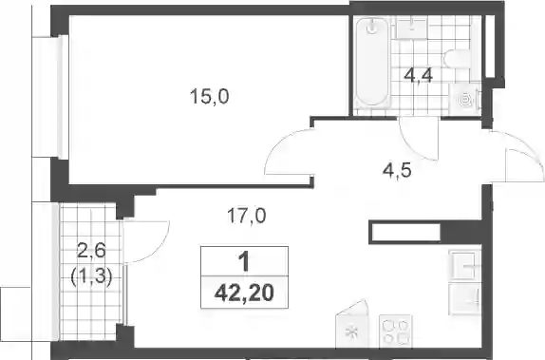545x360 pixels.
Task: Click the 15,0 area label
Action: [x=209, y=97]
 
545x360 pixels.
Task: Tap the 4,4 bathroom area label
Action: [x=418, y=76]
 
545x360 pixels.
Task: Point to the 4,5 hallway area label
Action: [x=397, y=170]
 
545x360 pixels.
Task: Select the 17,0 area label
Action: [x=247, y=216]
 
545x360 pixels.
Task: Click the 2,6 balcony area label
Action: [x=91, y=251]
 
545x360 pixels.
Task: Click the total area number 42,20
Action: [x=244, y=293]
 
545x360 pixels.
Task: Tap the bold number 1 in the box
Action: [x=244, y=261]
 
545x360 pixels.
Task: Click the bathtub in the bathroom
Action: [x=372, y=62]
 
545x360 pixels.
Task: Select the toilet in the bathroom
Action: [x=458, y=59]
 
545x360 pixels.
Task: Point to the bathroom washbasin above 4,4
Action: [x=412, y=28]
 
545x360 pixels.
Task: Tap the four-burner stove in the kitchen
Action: [x=396, y=332]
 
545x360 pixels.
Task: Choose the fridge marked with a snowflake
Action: [x=351, y=324]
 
